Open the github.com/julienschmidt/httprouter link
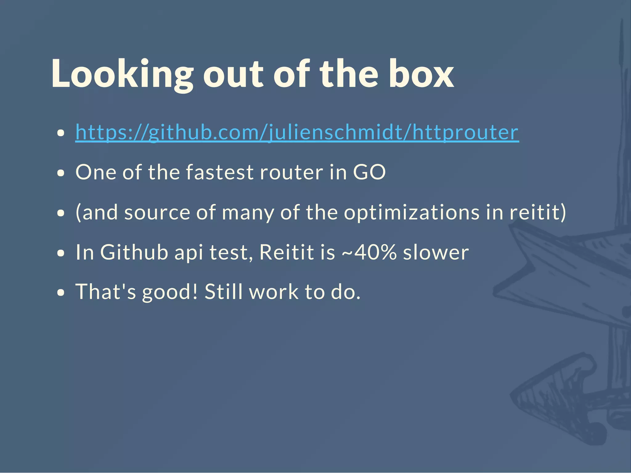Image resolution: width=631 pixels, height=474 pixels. [297, 133]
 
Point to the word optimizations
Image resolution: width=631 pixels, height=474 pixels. [412, 212]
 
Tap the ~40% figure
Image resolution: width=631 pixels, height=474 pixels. [369, 252]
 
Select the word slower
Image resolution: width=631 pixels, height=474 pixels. [436, 252]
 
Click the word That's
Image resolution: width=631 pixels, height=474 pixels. [106, 292]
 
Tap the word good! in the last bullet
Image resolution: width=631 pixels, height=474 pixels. [169, 292]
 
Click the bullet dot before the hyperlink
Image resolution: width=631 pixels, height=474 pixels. [61, 133]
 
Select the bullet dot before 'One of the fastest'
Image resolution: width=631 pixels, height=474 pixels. [61, 173]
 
